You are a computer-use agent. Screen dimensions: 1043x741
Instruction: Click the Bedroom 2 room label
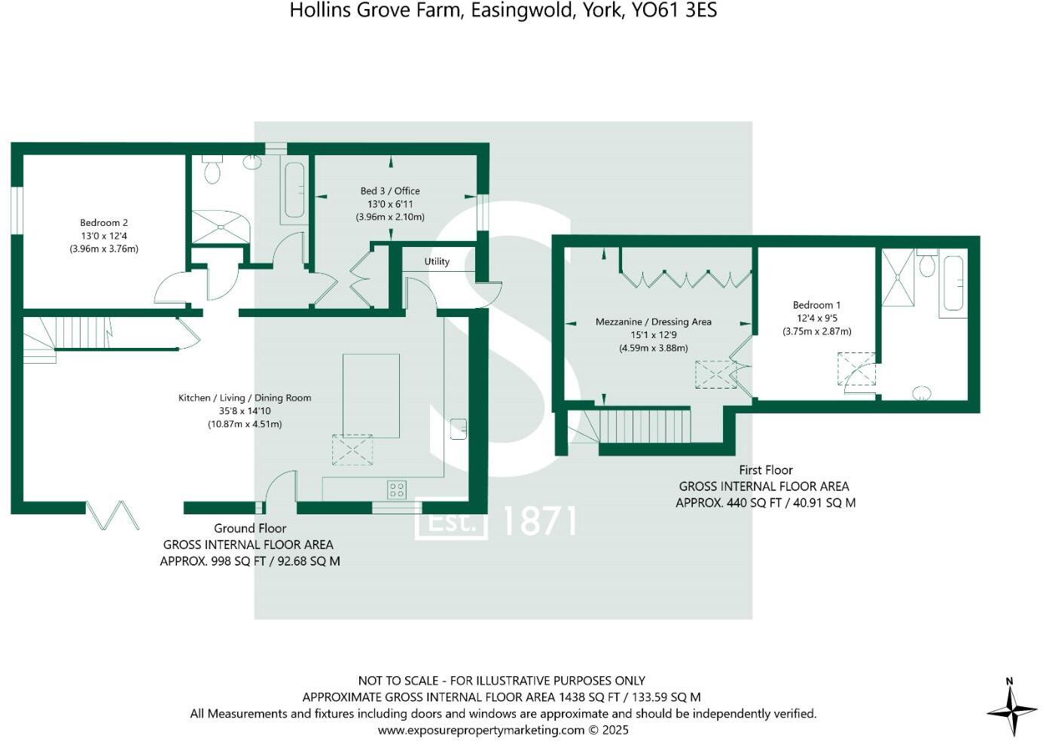(x=104, y=223)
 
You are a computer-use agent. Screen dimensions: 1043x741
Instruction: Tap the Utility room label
(x=437, y=261)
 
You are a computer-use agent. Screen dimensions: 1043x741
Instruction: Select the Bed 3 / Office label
(x=390, y=191)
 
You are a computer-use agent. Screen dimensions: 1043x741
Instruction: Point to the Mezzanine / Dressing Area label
(x=653, y=322)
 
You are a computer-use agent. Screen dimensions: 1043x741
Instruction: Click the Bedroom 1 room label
(x=817, y=305)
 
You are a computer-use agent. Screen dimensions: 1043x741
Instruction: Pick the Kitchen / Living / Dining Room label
(x=245, y=398)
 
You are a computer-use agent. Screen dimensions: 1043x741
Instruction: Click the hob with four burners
(x=397, y=489)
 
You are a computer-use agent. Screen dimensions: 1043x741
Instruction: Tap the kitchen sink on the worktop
(x=459, y=428)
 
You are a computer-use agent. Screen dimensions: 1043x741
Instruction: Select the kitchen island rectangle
(x=371, y=396)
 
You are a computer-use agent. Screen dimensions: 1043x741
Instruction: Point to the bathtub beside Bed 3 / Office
(x=294, y=191)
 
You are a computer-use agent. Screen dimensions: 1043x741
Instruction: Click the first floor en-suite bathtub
(x=953, y=283)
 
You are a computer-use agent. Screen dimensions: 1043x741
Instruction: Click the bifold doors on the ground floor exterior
(x=113, y=515)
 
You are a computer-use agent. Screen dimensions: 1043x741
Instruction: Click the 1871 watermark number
(x=540, y=521)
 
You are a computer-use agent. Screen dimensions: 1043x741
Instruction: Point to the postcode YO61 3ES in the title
(x=674, y=11)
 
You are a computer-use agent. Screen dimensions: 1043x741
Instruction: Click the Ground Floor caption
(x=250, y=528)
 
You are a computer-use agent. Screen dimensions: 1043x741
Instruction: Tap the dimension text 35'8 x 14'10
(x=245, y=410)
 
